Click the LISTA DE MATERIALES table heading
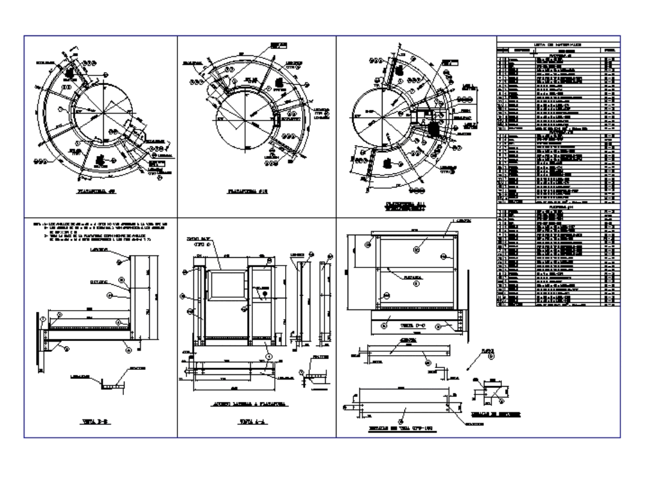tap(557, 43)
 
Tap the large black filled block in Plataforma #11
tap(435, 128)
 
